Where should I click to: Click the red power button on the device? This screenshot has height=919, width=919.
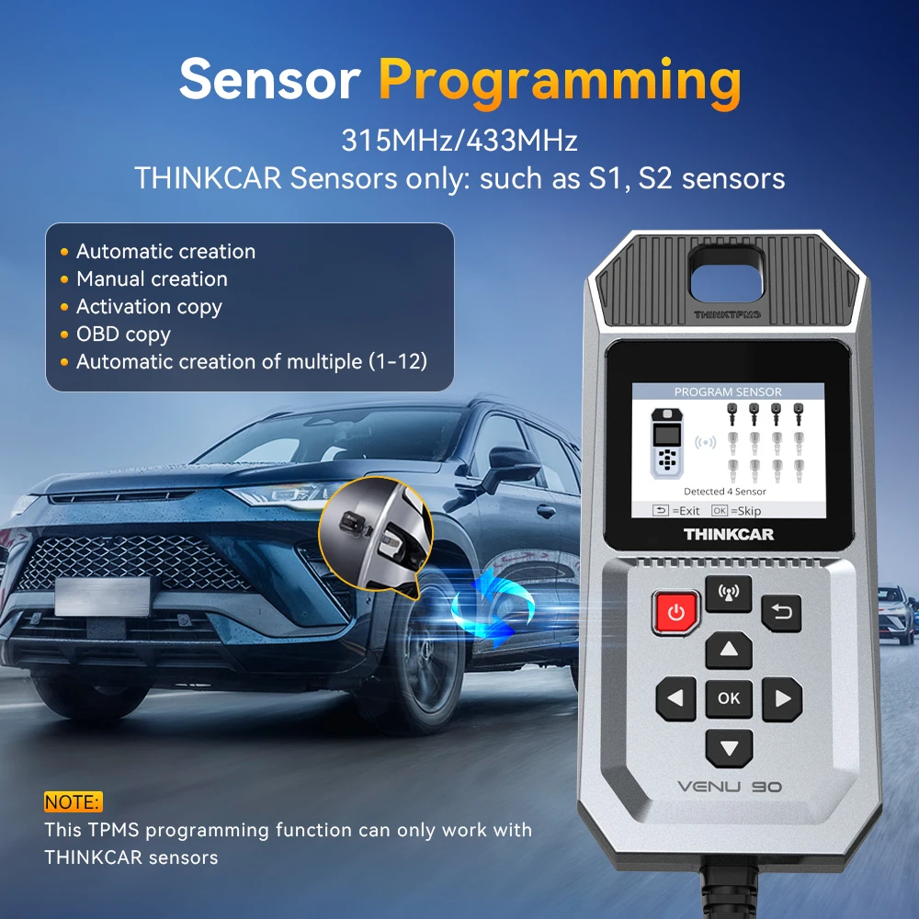point(675,612)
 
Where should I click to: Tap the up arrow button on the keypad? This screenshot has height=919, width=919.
point(729,650)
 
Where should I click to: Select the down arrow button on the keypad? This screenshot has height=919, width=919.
point(729,748)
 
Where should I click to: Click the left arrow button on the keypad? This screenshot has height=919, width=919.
point(675,698)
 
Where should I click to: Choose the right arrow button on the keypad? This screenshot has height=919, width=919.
point(782,698)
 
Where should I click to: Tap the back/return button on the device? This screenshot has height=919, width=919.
point(781,613)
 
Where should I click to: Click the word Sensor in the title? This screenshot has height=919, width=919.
point(269,79)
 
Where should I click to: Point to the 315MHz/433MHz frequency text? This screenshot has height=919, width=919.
point(459,140)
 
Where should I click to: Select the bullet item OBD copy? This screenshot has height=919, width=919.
point(124,335)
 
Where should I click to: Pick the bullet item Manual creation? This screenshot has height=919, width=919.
point(152,279)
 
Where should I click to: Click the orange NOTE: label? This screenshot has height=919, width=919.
point(74,801)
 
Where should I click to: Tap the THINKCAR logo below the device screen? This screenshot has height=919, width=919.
point(729,534)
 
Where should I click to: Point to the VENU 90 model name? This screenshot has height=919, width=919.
point(729,786)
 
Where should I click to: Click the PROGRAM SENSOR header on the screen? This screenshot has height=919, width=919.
point(728,391)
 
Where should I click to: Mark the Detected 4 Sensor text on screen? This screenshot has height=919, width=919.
point(725,491)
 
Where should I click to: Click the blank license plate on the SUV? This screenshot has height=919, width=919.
point(102,596)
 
